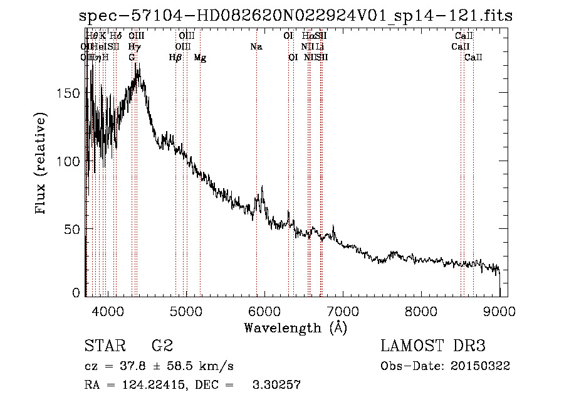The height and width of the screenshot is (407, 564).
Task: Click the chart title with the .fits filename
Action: point(296,16)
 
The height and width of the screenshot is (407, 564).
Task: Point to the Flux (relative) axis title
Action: point(42,164)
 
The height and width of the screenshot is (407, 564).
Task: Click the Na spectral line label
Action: point(256,46)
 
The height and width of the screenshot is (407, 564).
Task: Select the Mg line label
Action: point(200,58)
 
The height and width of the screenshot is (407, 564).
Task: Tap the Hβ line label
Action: point(175,58)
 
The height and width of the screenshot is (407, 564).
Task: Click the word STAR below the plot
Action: point(102,347)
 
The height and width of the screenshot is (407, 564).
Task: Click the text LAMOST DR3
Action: point(433,347)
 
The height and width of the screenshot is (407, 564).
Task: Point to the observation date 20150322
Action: point(483,366)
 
